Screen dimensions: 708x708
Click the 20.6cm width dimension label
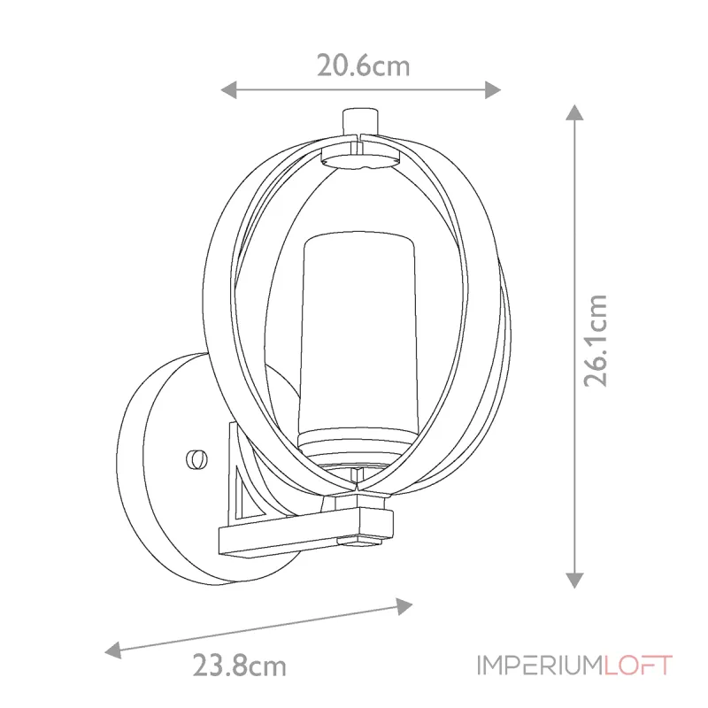pos(364,65)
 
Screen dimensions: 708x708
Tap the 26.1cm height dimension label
pos(595,341)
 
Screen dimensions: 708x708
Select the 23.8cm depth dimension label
pos(240,666)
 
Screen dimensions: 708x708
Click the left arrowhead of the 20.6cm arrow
pos(228,90)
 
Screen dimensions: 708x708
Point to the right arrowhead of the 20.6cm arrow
pos(493,90)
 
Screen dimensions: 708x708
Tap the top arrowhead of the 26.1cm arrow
pos(574,112)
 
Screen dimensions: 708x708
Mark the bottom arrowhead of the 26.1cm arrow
pos(574,581)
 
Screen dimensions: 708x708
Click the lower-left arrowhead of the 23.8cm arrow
pos(113,650)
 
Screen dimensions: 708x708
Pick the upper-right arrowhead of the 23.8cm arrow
pos(404,606)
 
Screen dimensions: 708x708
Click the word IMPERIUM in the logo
pos(539,666)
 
